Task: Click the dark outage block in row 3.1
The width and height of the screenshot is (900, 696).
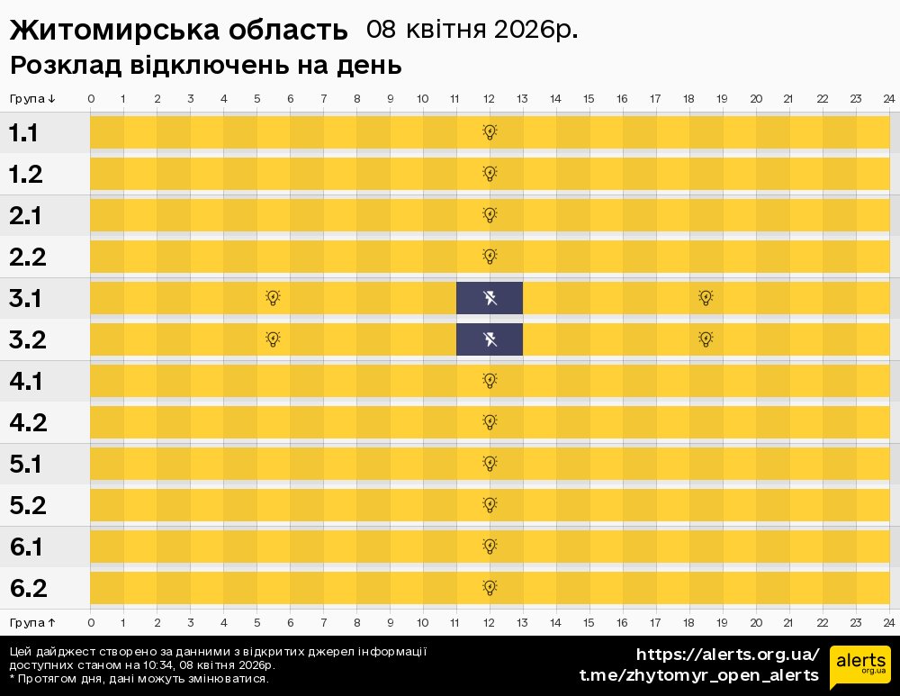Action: point(490,298)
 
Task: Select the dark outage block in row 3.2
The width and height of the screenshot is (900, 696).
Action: point(490,339)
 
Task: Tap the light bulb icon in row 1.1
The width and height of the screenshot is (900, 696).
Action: point(490,132)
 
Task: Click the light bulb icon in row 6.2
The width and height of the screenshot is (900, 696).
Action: point(490,588)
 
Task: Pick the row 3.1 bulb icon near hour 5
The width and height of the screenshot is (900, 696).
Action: point(274,298)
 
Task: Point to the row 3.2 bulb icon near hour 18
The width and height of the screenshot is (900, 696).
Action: point(706,339)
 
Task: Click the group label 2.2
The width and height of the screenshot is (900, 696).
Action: point(27,258)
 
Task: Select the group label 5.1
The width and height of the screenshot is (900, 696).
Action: point(27,465)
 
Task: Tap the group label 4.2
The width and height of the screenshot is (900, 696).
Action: point(27,423)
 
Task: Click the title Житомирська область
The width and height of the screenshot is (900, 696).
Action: point(178,31)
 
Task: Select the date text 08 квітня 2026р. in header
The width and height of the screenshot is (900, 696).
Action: point(472,30)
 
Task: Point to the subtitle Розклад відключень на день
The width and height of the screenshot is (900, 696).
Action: point(205,66)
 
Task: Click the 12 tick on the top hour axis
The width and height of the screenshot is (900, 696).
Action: point(490,98)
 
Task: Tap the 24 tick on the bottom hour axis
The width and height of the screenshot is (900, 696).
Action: point(889,622)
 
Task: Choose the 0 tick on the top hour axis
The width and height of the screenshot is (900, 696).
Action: point(91,98)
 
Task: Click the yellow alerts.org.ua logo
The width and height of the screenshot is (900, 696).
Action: point(859,667)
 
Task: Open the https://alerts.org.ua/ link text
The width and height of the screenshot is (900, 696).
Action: point(727,655)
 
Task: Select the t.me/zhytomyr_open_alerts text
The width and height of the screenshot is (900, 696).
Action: point(698,675)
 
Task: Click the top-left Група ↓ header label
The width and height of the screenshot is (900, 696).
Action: point(32,98)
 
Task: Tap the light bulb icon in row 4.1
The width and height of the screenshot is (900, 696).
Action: point(490,381)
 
